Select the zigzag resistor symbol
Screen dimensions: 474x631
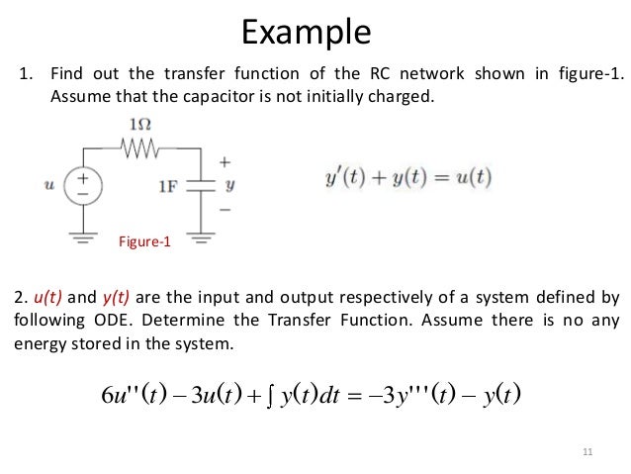click(140, 147)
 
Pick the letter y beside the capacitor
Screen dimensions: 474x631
click(229, 184)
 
